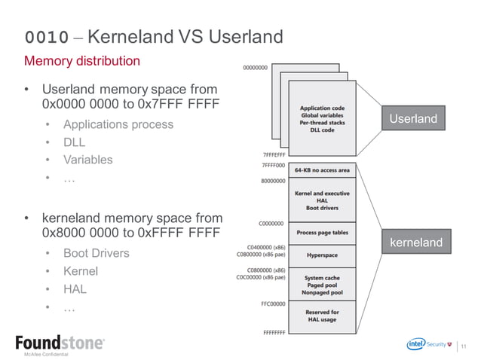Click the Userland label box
412,119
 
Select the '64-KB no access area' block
322,170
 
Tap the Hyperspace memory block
322,255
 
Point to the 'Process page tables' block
322,233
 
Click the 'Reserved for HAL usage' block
322,316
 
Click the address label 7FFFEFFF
272,155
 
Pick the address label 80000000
273,181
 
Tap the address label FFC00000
273,305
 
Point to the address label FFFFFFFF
273,333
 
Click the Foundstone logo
60,343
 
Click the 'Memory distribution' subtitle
82,61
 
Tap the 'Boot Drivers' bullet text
96,253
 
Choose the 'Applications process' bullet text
118,124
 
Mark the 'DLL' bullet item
74,142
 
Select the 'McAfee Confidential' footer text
46,354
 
